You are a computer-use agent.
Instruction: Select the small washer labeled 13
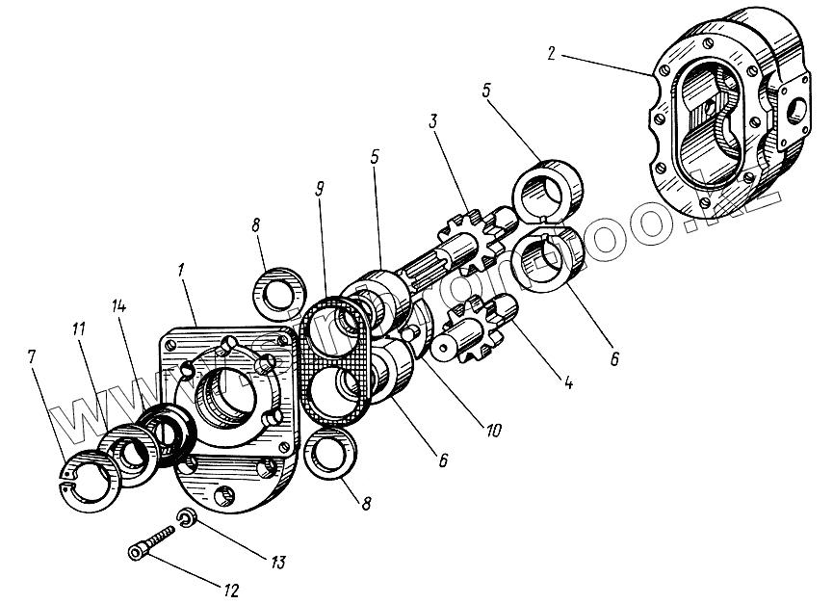[188, 519]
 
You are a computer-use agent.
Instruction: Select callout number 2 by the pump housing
[549, 53]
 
